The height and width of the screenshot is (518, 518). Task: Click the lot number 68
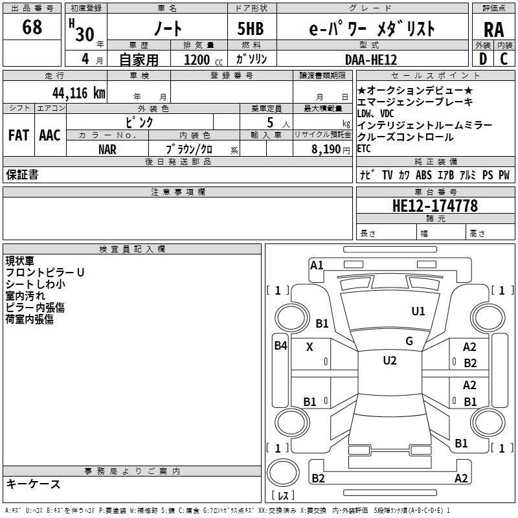point(32,27)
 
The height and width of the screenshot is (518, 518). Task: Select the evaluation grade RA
point(494,30)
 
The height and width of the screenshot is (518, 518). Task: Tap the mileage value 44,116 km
point(79,93)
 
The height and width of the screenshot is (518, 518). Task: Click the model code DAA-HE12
point(371,60)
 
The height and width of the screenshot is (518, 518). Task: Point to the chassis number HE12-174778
point(435,205)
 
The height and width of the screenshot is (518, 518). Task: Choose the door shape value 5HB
point(251,28)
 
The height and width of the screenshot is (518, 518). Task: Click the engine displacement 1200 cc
point(203,60)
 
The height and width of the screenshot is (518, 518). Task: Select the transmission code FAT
point(19,135)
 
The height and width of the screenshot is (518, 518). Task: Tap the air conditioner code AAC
point(50,135)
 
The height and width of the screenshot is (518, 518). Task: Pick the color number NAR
point(107,150)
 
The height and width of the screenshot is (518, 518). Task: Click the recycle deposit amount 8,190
point(326,149)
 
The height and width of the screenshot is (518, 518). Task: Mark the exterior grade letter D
point(483,59)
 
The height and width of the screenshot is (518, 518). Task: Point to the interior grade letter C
point(504,59)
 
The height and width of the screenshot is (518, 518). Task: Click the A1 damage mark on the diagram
point(317,265)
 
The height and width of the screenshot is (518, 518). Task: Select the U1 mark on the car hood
point(418,311)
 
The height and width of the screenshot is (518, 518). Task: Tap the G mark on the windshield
point(409,341)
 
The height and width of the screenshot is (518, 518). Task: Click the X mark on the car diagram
point(310,347)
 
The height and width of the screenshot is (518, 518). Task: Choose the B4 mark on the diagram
point(281,346)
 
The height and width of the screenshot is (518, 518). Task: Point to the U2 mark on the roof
point(390,361)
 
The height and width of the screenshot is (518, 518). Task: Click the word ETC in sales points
point(364,149)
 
